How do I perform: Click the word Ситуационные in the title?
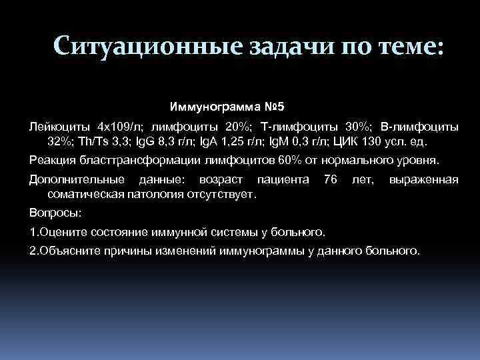coord(139,47)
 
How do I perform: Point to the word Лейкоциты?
coord(61,126)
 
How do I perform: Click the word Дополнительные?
coord(77,179)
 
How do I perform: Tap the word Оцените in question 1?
coord(63,232)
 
